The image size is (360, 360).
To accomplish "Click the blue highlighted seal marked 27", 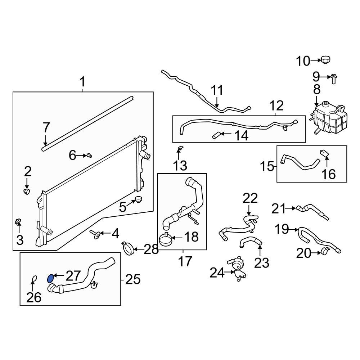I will (51, 278).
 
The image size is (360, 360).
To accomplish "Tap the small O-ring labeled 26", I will (34, 279).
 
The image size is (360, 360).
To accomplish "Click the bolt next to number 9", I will (333, 77).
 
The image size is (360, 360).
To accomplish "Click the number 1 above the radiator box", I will (82, 82).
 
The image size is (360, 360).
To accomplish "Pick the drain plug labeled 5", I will (139, 199).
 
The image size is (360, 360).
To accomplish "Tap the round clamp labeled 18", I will (165, 239).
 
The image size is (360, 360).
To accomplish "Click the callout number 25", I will (132, 279).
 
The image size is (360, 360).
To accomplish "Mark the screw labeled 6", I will (89, 155).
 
